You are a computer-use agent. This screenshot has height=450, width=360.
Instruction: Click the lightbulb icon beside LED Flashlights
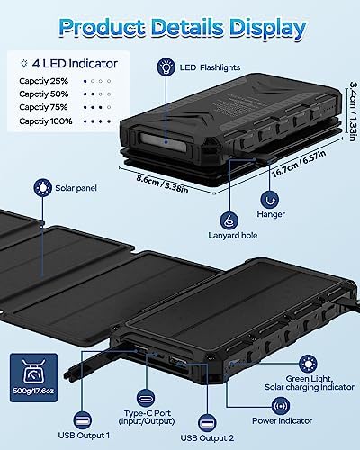click(x=167, y=67)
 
